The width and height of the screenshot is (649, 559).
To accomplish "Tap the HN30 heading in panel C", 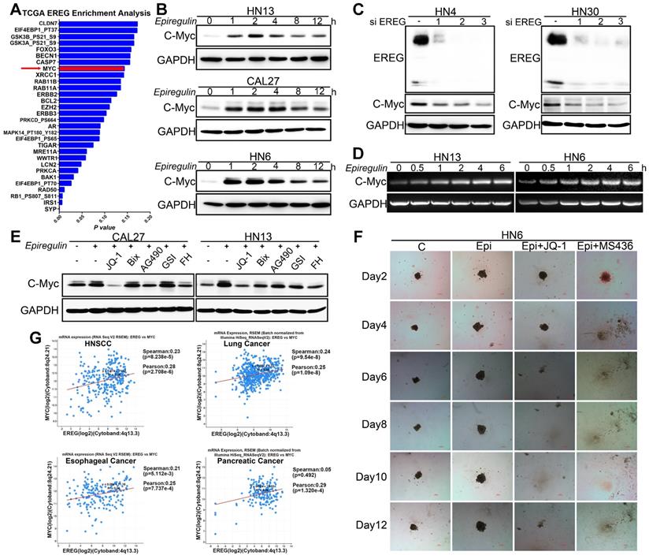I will pos(573,10).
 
